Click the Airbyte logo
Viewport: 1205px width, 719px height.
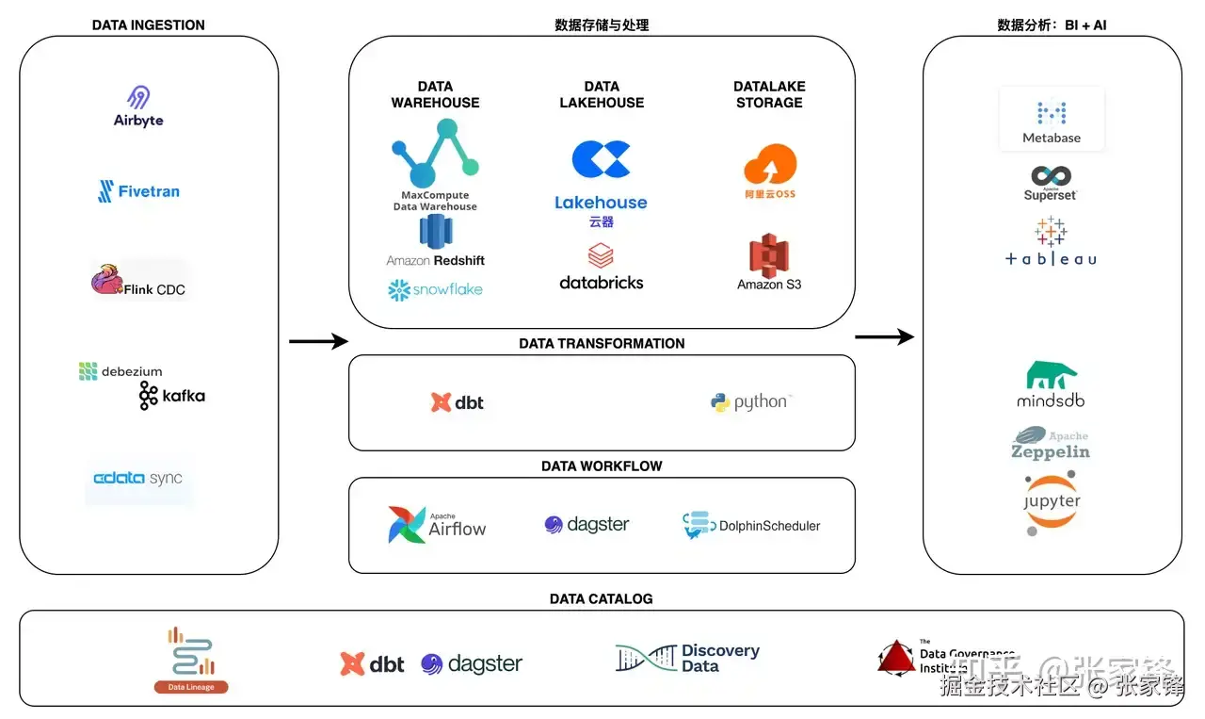pyautogui.click(x=138, y=106)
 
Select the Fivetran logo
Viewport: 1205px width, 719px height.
pyautogui.click(x=138, y=191)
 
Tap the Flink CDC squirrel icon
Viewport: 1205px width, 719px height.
pyautogui.click(x=106, y=280)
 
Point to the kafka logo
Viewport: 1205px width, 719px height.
pyautogui.click(x=171, y=396)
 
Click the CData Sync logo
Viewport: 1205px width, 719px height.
pyautogui.click(x=137, y=479)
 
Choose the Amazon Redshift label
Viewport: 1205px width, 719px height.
pyautogui.click(x=436, y=260)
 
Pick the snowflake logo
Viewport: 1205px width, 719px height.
pyautogui.click(x=435, y=290)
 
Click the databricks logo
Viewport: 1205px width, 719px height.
pyautogui.click(x=601, y=268)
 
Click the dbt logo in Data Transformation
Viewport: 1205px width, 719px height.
pyautogui.click(x=458, y=402)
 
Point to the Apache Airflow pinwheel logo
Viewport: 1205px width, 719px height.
pyautogui.click(x=408, y=525)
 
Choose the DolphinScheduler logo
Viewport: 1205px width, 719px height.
pyautogui.click(x=751, y=526)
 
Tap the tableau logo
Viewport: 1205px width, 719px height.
pyautogui.click(x=1051, y=243)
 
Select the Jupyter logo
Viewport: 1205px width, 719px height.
pyautogui.click(x=1052, y=504)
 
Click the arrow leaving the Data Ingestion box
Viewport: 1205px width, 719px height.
pyautogui.click(x=318, y=341)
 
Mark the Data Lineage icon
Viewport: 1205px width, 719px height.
pyautogui.click(x=191, y=661)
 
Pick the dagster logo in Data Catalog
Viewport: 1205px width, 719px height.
pyautogui.click(x=472, y=664)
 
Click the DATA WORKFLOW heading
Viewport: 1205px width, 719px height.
pyautogui.click(x=602, y=466)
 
